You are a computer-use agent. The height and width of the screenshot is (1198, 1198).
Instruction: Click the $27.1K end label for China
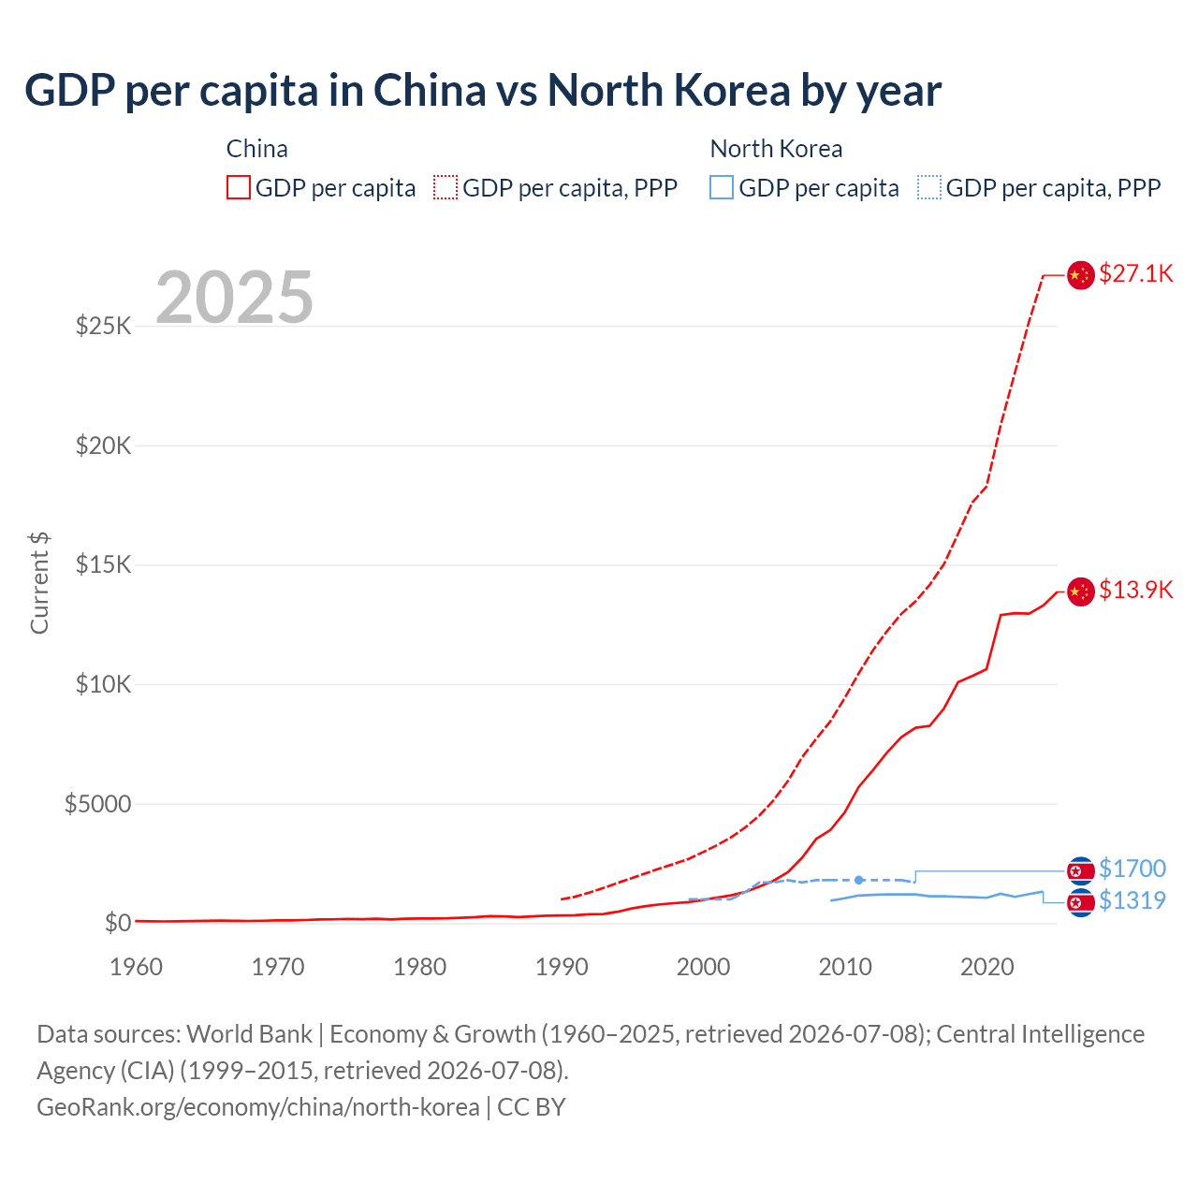point(1135,273)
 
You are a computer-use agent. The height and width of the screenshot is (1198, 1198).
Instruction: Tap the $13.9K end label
point(1135,590)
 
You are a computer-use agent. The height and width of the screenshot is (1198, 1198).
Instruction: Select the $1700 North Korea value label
point(1132,868)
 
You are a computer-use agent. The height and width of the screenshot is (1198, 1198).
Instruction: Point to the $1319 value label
point(1132,900)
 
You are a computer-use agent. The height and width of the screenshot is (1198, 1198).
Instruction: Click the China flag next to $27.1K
point(1080,275)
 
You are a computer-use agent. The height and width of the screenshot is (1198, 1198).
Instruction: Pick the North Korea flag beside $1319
point(1080,902)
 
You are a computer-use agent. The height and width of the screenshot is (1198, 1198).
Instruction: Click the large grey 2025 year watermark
point(234,297)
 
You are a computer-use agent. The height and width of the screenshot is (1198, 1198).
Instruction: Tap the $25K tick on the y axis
point(103,326)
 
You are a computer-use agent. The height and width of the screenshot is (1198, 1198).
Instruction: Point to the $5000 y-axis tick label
point(97,804)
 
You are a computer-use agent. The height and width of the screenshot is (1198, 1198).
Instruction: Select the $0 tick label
point(118,923)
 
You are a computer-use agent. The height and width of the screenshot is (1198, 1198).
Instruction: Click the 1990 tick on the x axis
point(562,967)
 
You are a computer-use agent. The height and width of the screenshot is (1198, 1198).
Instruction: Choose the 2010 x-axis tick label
point(845,967)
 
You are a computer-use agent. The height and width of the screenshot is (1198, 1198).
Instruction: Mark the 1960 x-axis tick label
point(136,967)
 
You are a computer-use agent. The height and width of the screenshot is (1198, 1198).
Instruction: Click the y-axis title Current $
point(39,582)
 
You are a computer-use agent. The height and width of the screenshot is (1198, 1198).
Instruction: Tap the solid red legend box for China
point(239,187)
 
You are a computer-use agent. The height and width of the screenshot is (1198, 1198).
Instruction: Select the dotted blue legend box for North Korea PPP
point(928,187)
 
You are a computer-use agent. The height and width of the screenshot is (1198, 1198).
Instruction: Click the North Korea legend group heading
point(776,149)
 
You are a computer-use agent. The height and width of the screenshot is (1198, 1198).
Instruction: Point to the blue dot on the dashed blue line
point(858,880)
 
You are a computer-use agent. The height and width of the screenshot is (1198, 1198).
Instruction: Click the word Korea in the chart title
point(732,91)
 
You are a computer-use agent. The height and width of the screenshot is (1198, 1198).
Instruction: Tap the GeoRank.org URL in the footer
point(258,1107)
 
